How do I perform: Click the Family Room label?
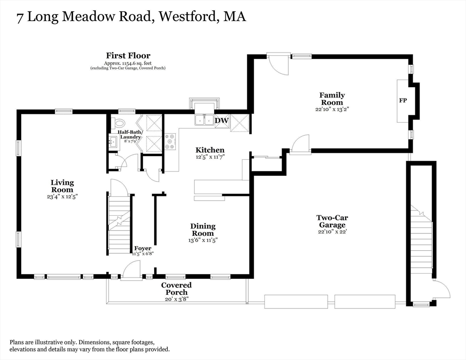pos(332,99)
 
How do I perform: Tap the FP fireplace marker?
pos(403,100)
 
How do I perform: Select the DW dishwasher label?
pos(222,120)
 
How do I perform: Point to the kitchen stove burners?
pos(171,141)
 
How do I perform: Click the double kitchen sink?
pos(204,120)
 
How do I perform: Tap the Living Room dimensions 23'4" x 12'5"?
pos(62,196)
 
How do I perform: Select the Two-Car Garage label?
pos(332,221)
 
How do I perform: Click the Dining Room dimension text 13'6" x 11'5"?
pos(203,240)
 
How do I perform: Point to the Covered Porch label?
pos(176,289)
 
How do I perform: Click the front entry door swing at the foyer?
pos(131,271)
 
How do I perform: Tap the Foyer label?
pos(143,248)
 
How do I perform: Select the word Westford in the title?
pos(187,16)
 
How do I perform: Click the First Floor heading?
pos(128,56)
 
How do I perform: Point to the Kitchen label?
pos(210,150)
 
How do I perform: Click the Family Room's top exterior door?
pos(278,64)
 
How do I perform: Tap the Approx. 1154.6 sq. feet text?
pos(128,63)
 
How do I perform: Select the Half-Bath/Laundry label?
pos(130,135)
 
